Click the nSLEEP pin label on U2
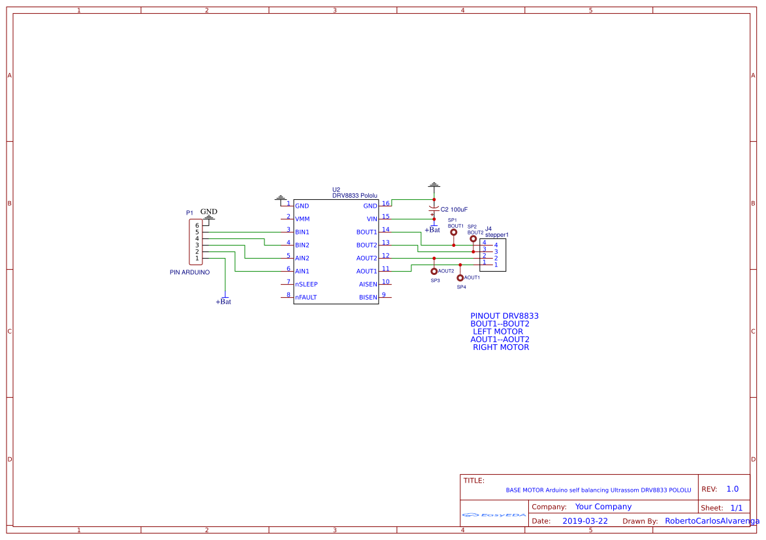coord(306,284)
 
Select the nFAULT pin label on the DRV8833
coord(306,297)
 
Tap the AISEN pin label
coord(368,284)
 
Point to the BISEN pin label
coord(368,297)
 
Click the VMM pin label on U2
coord(302,219)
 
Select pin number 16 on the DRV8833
coord(386,203)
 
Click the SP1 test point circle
coord(454,232)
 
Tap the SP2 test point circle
coord(473,239)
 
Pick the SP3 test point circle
coord(434,271)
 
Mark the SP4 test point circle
coord(460,278)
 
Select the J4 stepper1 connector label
coord(496,232)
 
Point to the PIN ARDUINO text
coord(189,272)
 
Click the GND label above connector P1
coord(208,212)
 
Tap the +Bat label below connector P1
coord(223,302)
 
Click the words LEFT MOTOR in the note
coord(498,332)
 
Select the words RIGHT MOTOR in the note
coord(501,347)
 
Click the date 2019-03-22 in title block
coord(585,521)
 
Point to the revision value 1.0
coord(732,489)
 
